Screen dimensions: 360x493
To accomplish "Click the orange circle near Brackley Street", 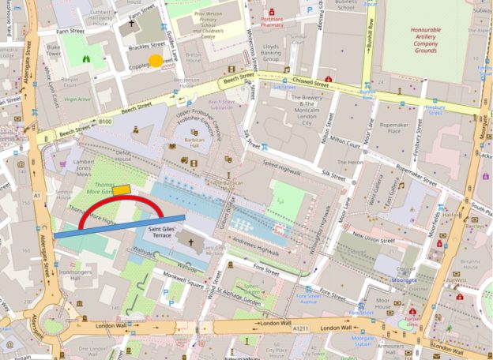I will pos(156,61).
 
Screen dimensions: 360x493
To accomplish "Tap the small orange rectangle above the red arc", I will pos(122,189).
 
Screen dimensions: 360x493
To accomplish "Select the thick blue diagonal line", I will pos(119,226).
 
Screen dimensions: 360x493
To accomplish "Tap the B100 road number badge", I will pos(106,122).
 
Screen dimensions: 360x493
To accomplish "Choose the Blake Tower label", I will pos(55,51).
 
